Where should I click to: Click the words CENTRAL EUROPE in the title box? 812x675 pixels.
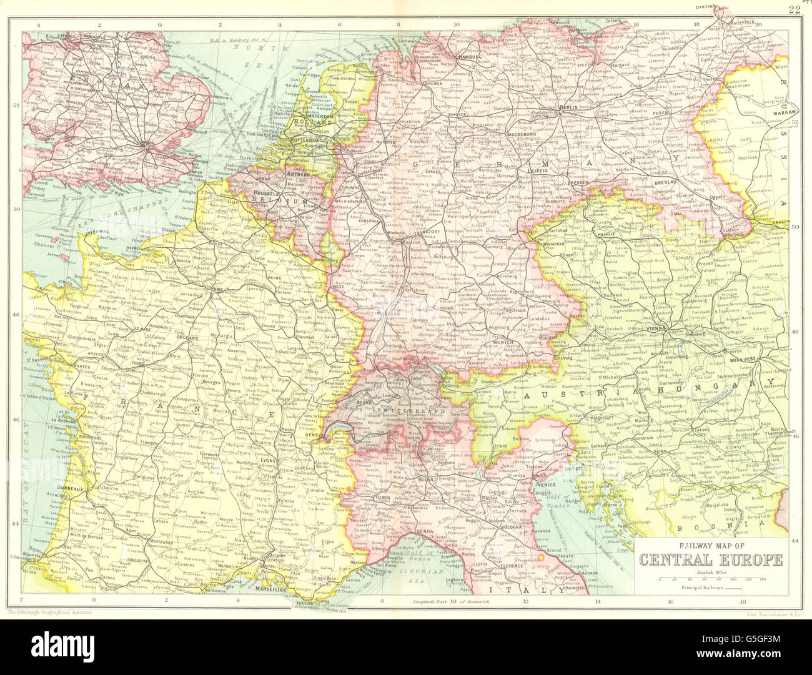pyautogui.click(x=711, y=558)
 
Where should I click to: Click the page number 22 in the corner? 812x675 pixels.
pyautogui.click(x=794, y=9)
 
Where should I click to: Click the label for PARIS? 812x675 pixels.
pyautogui.click(x=219, y=290)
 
